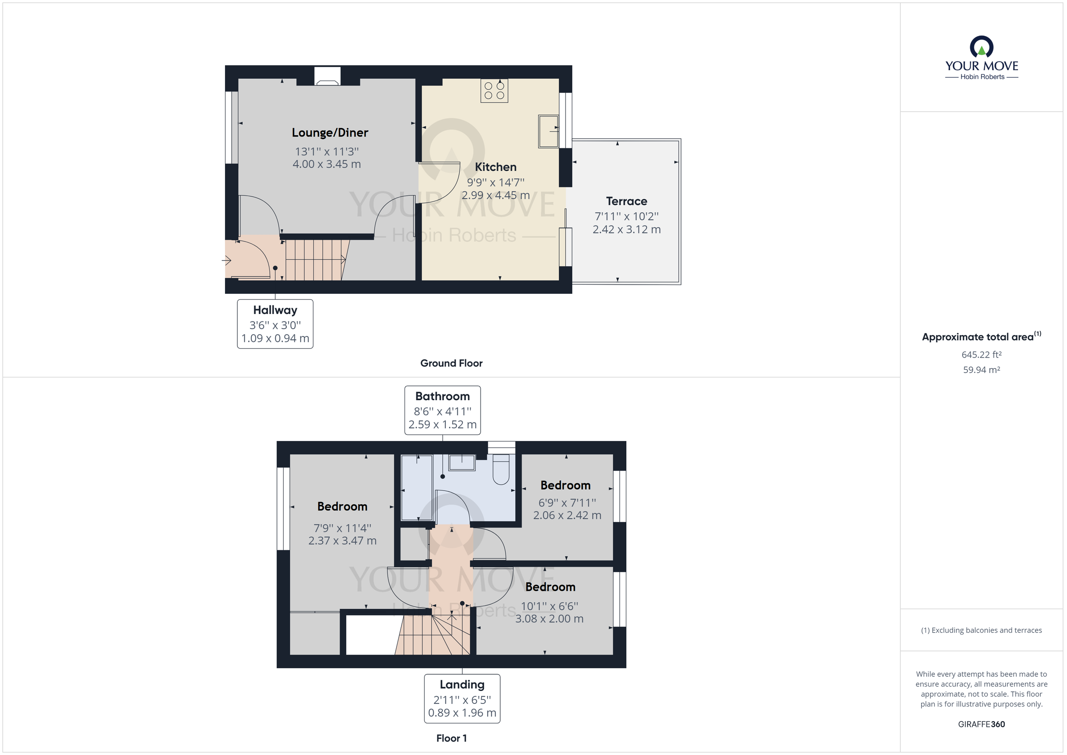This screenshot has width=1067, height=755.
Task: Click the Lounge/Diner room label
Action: pyautogui.click(x=329, y=133)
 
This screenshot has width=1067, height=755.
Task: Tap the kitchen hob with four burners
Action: pyautogui.click(x=494, y=91)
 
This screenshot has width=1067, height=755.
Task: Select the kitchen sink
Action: pyautogui.click(x=548, y=131)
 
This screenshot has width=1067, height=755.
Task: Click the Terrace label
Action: pyautogui.click(x=626, y=201)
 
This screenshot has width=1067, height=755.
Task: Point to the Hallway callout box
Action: pyautogui.click(x=275, y=324)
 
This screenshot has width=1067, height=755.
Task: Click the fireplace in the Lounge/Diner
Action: pyautogui.click(x=327, y=77)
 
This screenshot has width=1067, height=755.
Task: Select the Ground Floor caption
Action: pyautogui.click(x=451, y=363)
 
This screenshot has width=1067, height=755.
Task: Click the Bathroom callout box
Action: pyautogui.click(x=442, y=410)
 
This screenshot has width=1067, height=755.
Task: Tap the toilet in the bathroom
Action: pyautogui.click(x=501, y=470)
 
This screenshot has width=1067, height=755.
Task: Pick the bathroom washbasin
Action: pyautogui.click(x=461, y=462)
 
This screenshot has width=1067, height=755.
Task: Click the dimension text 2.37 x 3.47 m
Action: pyautogui.click(x=342, y=541)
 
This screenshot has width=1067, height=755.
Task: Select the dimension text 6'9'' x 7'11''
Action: pyautogui.click(x=566, y=502)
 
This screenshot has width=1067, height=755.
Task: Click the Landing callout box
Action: pyautogui.click(x=461, y=698)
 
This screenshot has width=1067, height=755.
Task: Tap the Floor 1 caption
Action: pyautogui.click(x=451, y=738)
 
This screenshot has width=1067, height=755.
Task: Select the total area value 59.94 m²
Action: pyautogui.click(x=981, y=370)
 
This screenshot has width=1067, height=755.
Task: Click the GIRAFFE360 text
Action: pyautogui.click(x=981, y=724)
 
